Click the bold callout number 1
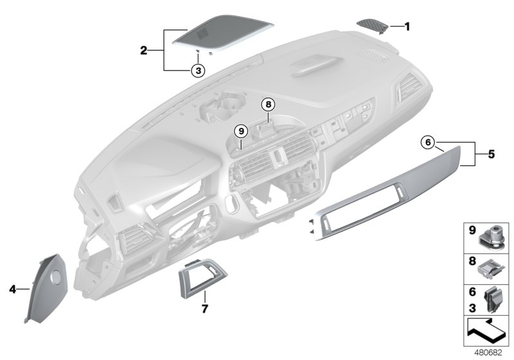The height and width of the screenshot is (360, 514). coord(407,26)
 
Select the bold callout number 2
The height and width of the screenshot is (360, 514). coord(145,49)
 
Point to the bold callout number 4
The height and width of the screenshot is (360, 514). coord(12,290)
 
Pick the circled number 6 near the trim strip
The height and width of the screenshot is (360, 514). coord(429,141)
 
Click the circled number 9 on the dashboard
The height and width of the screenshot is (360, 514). coord(241,130)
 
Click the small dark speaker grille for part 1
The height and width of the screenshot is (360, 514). coord(373,24)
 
